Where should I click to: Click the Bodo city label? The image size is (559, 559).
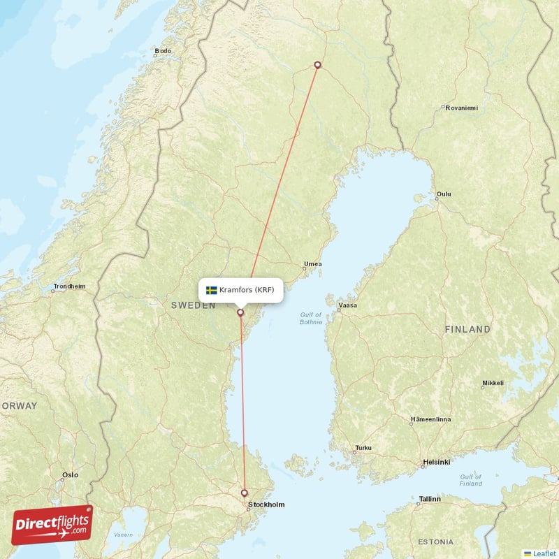[162, 51]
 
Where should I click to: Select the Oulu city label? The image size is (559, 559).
[443, 194]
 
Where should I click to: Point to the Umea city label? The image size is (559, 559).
[312, 264]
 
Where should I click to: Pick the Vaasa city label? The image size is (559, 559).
[347, 305]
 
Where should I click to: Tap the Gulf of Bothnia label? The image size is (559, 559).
[311, 319]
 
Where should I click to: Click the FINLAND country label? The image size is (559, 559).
[467, 328]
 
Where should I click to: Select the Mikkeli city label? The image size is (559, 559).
[493, 384]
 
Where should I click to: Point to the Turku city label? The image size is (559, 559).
[363, 448]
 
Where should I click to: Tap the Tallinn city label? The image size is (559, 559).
[429, 499]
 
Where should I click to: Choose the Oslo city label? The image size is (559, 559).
[70, 475]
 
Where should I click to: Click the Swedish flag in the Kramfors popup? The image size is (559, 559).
[211, 290]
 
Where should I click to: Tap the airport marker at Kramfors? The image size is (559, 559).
[241, 312]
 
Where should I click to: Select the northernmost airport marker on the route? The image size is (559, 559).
[318, 65]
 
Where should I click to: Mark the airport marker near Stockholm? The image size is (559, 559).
[244, 493]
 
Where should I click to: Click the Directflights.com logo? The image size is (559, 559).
[52, 525]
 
